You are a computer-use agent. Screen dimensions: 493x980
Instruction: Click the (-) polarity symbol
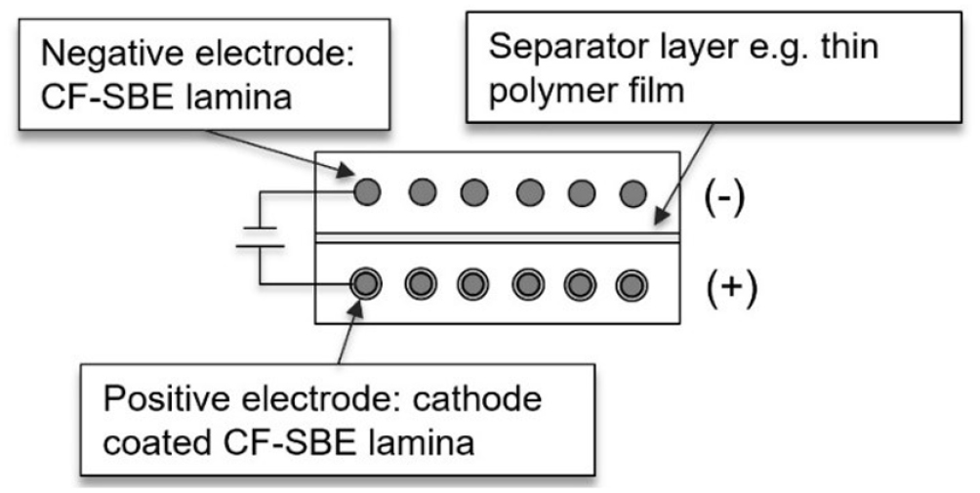724,199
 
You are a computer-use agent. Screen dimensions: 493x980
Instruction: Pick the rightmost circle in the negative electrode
633,192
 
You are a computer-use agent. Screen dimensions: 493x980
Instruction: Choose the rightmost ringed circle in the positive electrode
633,285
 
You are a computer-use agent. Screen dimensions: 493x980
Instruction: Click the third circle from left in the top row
474,192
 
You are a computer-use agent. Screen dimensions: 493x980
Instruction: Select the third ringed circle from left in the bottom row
474,285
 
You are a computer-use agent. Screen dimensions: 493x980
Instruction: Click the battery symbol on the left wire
260,237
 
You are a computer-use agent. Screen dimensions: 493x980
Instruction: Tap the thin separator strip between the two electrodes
498,237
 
